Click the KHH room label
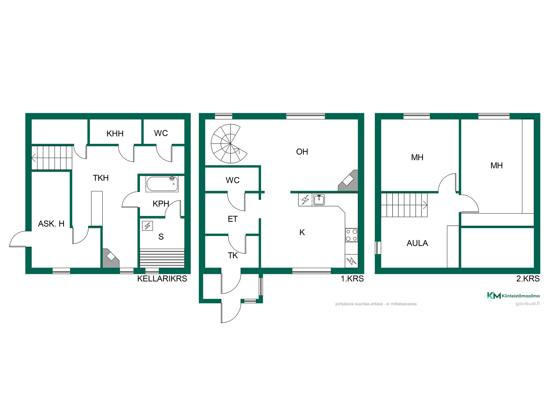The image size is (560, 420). click(115, 134)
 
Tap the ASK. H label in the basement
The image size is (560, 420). click(51, 224)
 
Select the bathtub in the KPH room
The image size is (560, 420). click(162, 184)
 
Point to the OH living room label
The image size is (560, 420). click(302, 152)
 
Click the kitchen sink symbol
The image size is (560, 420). click(319, 199)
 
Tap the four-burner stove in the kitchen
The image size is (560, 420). click(351, 235)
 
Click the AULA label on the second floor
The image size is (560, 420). click(417, 243)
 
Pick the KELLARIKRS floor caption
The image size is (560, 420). click(162, 279)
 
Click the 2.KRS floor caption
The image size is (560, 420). click(528, 279)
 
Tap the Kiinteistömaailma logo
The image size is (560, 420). click(513, 295)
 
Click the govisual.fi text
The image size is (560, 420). click(528, 303)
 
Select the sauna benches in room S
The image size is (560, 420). click(162, 258)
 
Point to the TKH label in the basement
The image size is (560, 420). click(101, 178)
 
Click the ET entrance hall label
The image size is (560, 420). click(233, 219)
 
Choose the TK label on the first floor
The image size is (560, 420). click(233, 256)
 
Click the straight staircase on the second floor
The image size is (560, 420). click(404, 205)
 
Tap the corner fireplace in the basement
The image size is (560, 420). click(111, 258)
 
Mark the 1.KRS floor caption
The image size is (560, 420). click(352, 279)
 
